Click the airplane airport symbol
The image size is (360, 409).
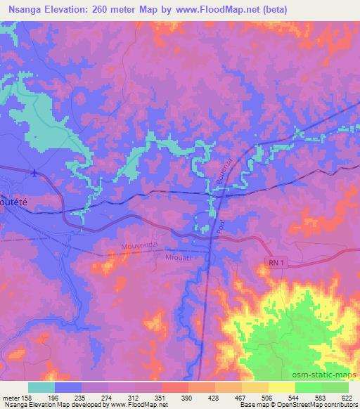coord(35,171)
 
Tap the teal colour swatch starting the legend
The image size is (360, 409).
coord(41,387)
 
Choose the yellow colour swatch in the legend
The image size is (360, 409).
coord(282,387)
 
